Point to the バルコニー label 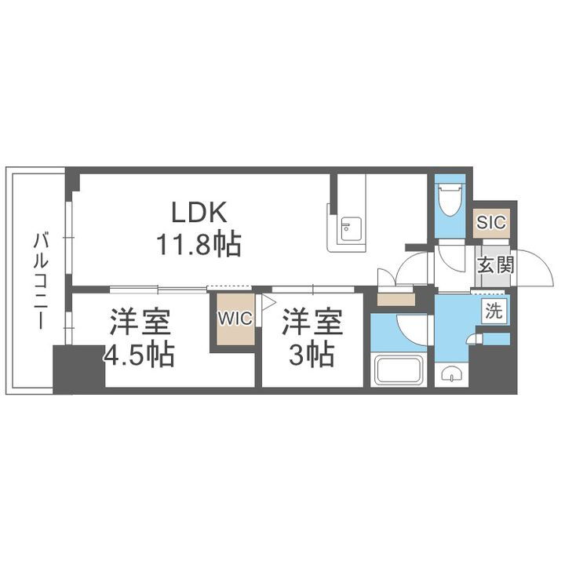pos(38,279)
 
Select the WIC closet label pos(235,318)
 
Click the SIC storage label pos(492,222)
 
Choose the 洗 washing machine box pos(494,311)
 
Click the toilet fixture pos(450,201)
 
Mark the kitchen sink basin pos(347,229)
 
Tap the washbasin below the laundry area pos(450,374)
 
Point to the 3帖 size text pos(312,355)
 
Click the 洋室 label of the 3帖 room pos(312,321)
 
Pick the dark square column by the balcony pos(78,367)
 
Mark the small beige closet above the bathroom pos(395,299)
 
